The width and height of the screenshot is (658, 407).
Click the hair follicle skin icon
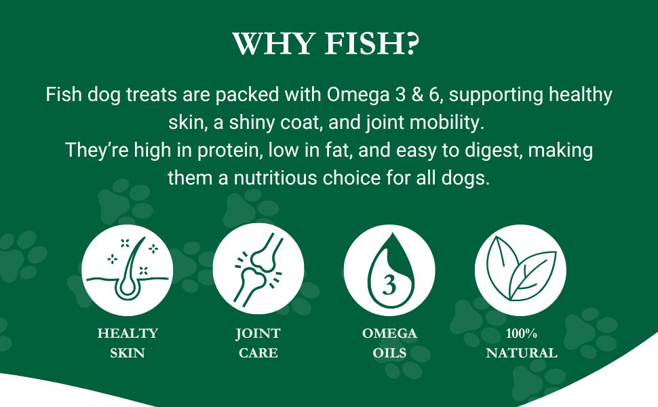pyautogui.click(x=127, y=270)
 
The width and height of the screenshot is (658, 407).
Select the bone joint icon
pyautogui.click(x=258, y=270)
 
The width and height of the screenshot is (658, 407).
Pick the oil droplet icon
pyautogui.click(x=389, y=270)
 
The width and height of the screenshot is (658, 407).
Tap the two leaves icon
pyautogui.click(x=520, y=270)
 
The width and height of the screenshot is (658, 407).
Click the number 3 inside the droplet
pyautogui.click(x=389, y=286)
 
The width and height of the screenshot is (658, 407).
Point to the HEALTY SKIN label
pyautogui.click(x=127, y=343)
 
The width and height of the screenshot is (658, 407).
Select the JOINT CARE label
pyautogui.click(x=258, y=343)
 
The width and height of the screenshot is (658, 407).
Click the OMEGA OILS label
pyautogui.click(x=389, y=343)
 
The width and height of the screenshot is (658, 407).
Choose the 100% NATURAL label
pyautogui.click(x=521, y=343)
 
